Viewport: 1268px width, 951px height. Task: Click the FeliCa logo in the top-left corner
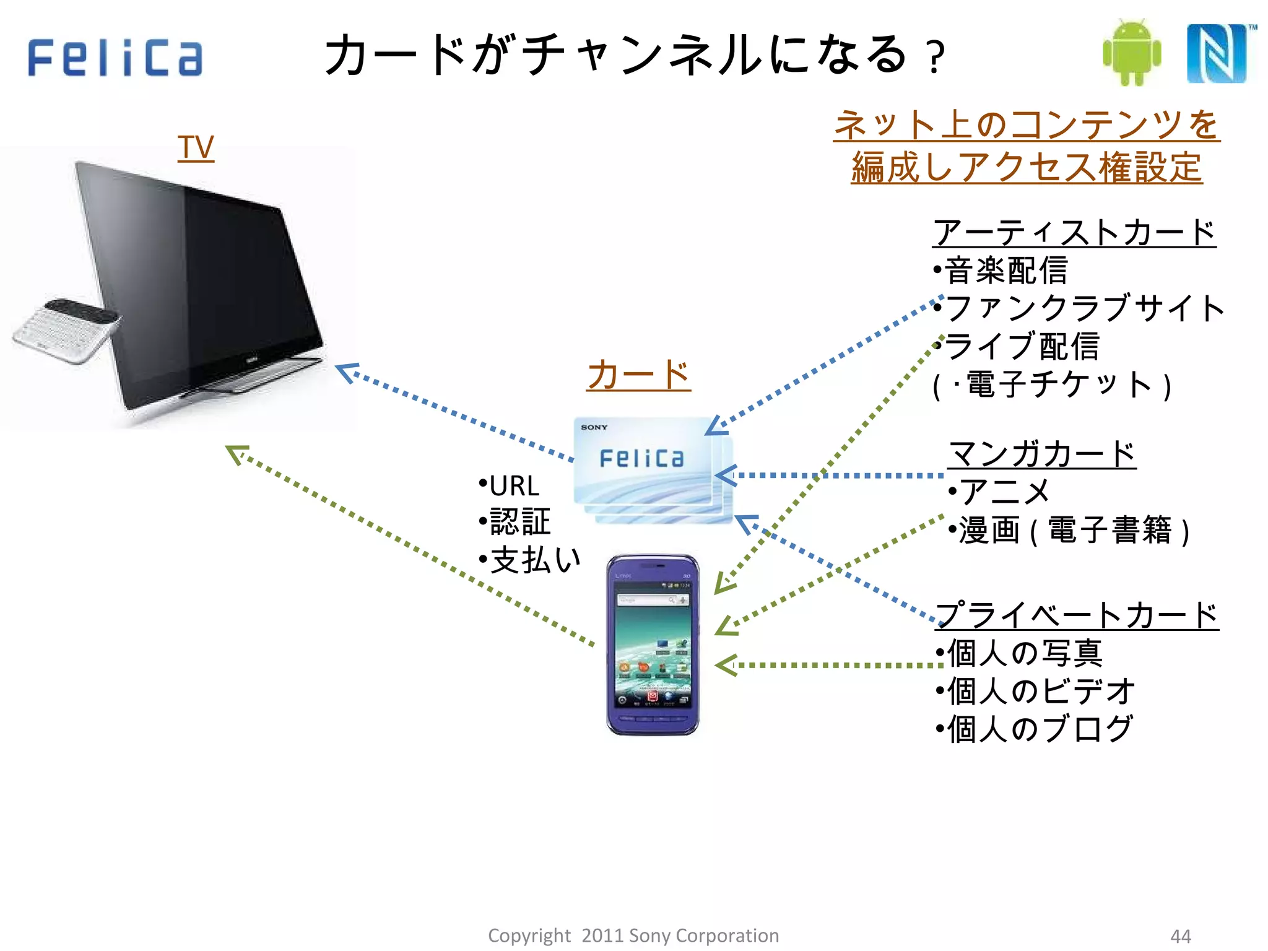pyautogui.click(x=115, y=58)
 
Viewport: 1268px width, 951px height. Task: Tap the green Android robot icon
pyautogui.click(x=1132, y=53)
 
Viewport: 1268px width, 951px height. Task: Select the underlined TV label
pyautogui.click(x=196, y=148)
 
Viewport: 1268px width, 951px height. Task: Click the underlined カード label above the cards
pyautogui.click(x=638, y=375)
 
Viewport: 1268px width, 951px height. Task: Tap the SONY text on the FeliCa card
pyautogui.click(x=594, y=427)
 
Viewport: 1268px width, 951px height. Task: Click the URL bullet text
pyautogui.click(x=514, y=486)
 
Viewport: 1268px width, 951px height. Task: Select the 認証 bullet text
pyautogui.click(x=519, y=522)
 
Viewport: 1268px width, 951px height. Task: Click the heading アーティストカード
pyautogui.click(x=1074, y=233)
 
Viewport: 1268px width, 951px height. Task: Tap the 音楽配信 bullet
pyautogui.click(x=1006, y=271)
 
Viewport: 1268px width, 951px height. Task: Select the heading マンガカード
pyautogui.click(x=1042, y=454)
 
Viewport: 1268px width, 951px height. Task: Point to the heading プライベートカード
pyautogui.click(x=1077, y=615)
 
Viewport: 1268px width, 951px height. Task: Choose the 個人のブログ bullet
pyautogui.click(x=1040, y=729)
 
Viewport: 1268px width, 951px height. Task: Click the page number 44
pyautogui.click(x=1181, y=936)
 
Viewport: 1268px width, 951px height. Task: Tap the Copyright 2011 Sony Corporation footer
pyautogui.click(x=633, y=935)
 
